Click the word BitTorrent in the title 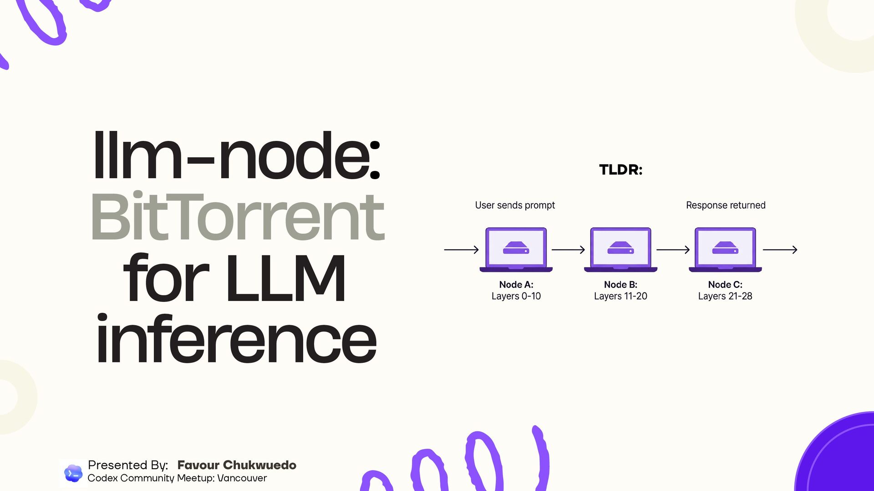[238, 217]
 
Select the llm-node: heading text [236, 155]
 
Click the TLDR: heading [620, 170]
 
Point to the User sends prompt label [515, 205]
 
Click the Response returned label [726, 205]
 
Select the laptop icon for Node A [516, 250]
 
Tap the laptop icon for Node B [620, 250]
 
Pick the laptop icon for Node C [725, 250]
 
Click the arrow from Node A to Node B [568, 250]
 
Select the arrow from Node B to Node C [673, 250]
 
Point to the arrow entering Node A [461, 250]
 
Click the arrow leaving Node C [780, 250]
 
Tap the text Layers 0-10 [516, 296]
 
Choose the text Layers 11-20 [620, 296]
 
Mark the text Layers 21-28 [725, 296]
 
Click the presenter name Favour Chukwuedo [237, 465]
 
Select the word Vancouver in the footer [242, 478]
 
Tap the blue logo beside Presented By [73, 473]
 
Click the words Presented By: [128, 465]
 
